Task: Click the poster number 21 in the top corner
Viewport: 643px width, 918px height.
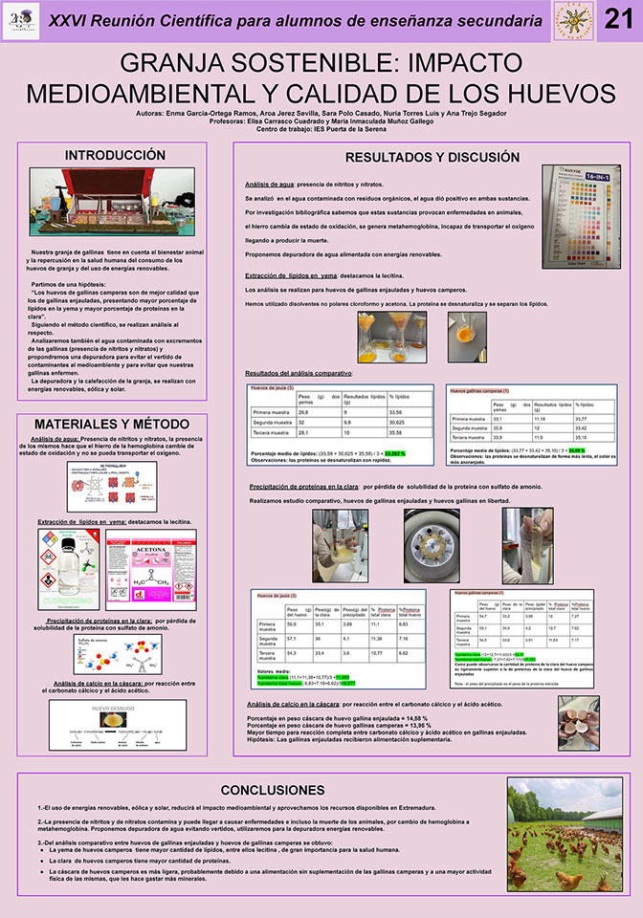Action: click(x=620, y=20)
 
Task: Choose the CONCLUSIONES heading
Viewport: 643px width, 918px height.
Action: click(x=273, y=790)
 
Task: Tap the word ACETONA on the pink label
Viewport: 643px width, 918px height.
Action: click(x=150, y=551)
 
